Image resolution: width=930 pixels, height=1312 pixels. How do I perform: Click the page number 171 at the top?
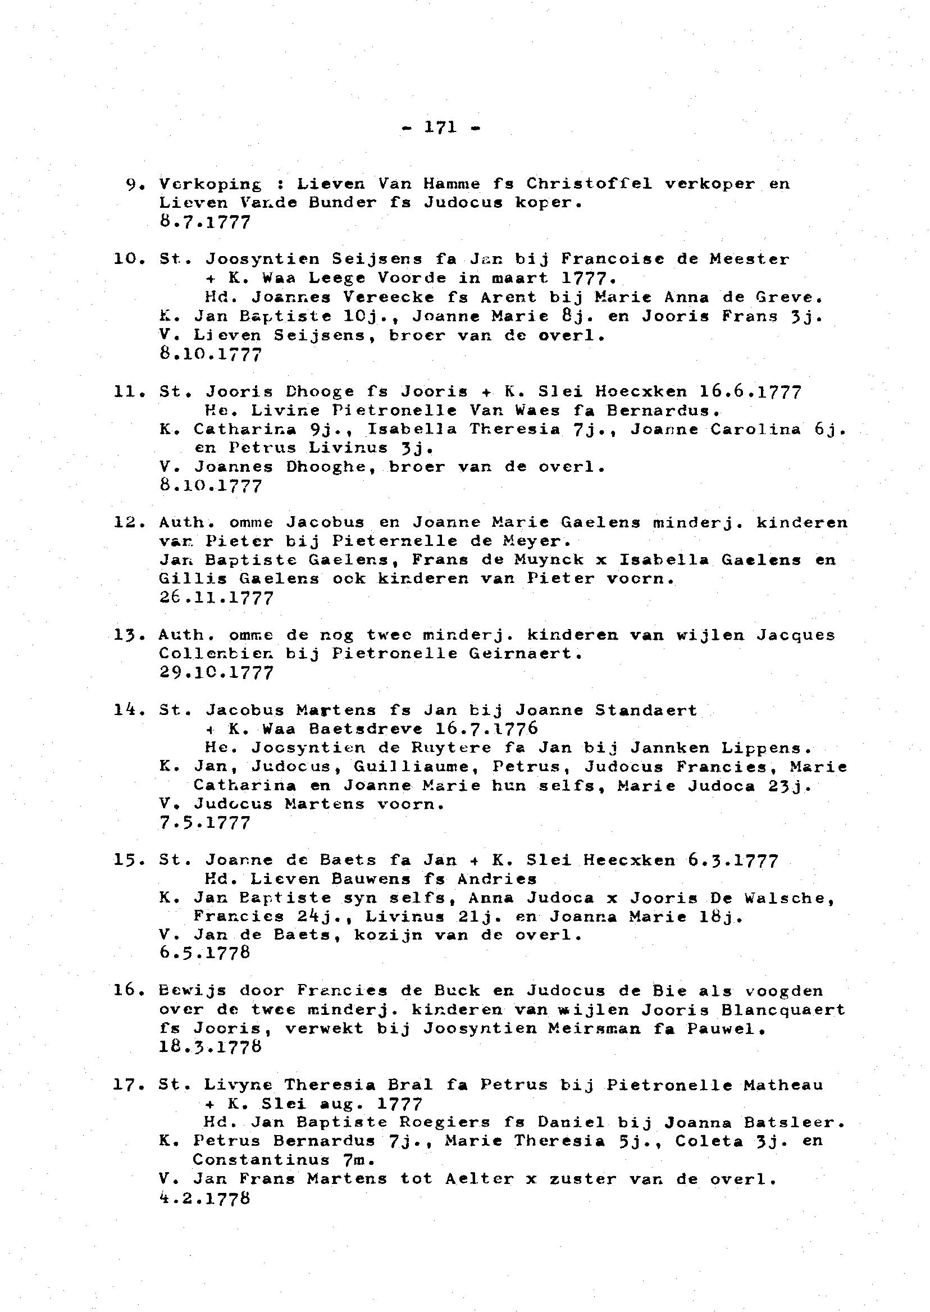pos(440,127)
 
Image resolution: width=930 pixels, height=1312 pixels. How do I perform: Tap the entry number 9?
pos(132,184)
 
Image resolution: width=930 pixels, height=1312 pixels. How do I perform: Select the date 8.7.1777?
pos(205,222)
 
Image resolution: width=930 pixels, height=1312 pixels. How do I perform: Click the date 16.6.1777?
pos(750,392)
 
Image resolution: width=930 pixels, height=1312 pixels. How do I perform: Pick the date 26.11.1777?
pos(216,598)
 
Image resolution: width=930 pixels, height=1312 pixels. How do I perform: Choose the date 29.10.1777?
pos(216,672)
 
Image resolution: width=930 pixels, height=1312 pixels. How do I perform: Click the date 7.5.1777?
pos(205,823)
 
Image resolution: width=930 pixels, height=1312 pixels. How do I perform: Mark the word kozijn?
pos(388,935)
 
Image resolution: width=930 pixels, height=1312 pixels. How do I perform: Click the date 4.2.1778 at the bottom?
pos(205,1198)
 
